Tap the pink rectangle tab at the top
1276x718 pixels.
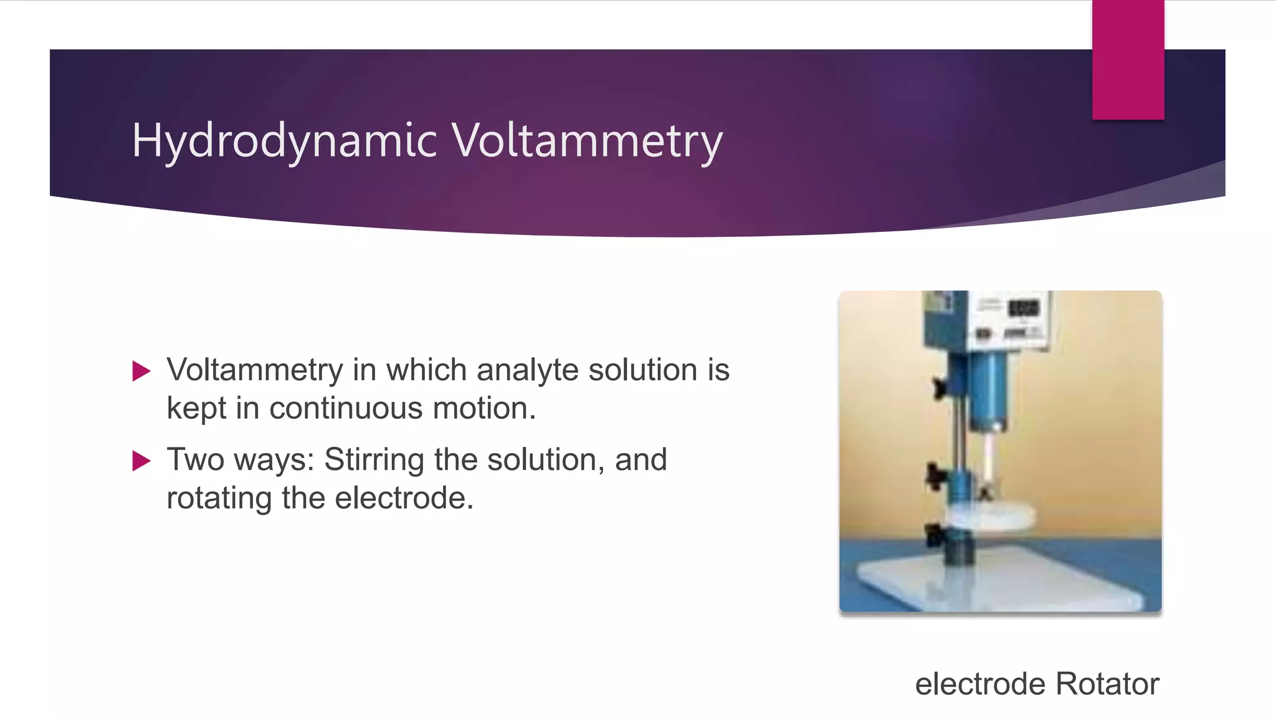(x=1128, y=60)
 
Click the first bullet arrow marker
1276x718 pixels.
(x=141, y=371)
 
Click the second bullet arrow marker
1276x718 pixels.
(x=141, y=461)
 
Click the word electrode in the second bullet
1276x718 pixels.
(x=404, y=499)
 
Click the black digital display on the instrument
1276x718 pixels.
(x=1024, y=308)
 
